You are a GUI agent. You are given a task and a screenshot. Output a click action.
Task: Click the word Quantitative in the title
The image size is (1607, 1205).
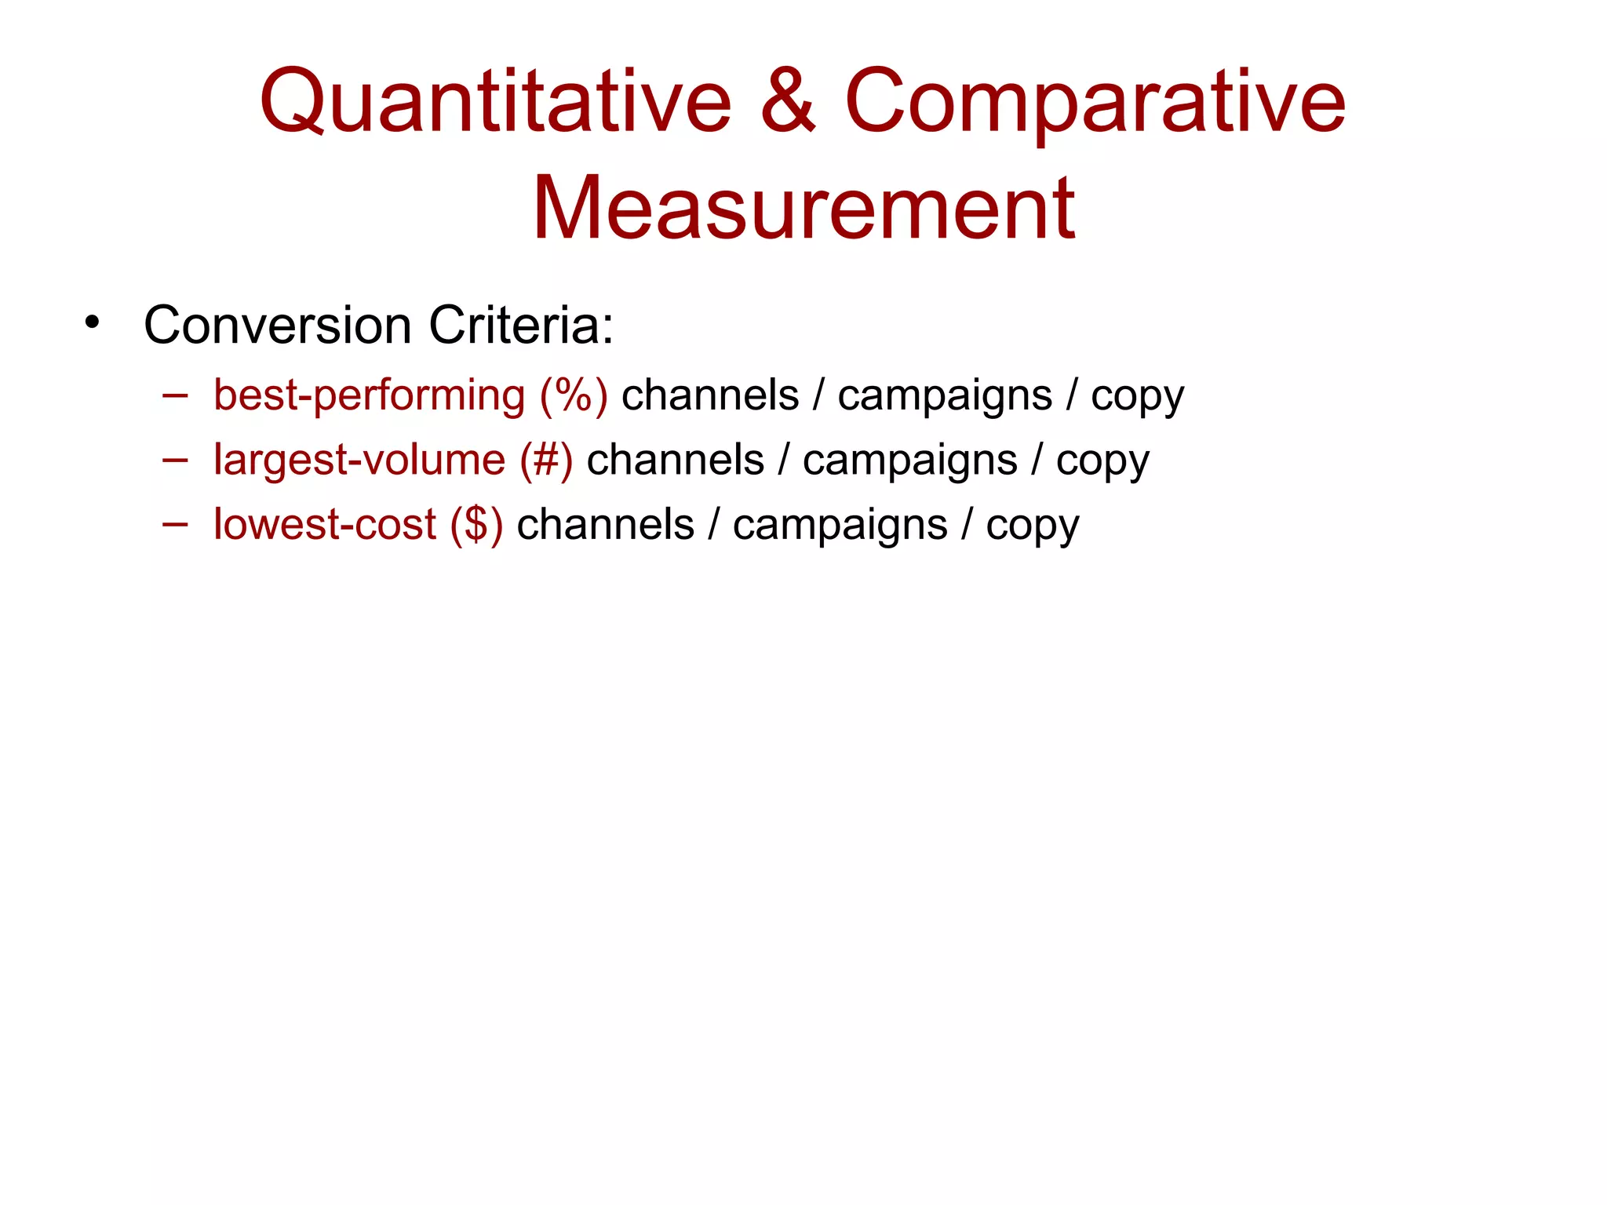(x=495, y=103)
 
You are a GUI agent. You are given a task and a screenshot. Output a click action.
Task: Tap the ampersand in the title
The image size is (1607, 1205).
(x=788, y=101)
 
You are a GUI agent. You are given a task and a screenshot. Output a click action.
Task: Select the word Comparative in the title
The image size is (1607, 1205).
(x=1095, y=101)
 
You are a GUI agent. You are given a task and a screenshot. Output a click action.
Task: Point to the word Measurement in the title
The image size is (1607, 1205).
(x=803, y=209)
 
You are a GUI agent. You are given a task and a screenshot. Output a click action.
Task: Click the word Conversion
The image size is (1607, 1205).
(x=277, y=325)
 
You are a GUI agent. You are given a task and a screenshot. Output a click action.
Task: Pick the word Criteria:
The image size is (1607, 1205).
(x=521, y=325)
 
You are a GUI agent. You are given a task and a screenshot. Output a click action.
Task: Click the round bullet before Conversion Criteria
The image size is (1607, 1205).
(x=93, y=322)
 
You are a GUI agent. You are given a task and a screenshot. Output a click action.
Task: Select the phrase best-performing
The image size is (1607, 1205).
(x=369, y=395)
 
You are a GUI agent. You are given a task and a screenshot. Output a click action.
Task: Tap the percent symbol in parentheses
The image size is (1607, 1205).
(x=574, y=395)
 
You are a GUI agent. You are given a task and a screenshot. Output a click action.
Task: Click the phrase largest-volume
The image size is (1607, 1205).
(x=359, y=460)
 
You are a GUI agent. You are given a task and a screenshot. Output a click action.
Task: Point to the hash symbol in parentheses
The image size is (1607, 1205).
(x=546, y=460)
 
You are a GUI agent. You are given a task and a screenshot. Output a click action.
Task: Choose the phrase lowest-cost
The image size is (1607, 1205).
(x=325, y=524)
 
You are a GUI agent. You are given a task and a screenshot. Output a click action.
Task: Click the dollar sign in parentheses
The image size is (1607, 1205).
(x=476, y=524)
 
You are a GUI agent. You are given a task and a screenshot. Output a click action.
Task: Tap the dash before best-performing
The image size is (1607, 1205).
(x=174, y=395)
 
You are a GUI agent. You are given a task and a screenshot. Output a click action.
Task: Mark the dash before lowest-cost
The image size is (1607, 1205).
(x=174, y=524)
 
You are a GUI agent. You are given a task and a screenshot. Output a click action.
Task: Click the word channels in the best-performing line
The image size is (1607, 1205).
(x=710, y=395)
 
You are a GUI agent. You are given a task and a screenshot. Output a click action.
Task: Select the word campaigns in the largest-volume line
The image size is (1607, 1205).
(x=910, y=460)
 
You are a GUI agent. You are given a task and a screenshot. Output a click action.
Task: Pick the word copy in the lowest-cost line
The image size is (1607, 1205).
(x=1033, y=526)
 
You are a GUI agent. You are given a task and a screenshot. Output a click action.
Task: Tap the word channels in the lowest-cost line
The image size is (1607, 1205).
(x=605, y=524)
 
